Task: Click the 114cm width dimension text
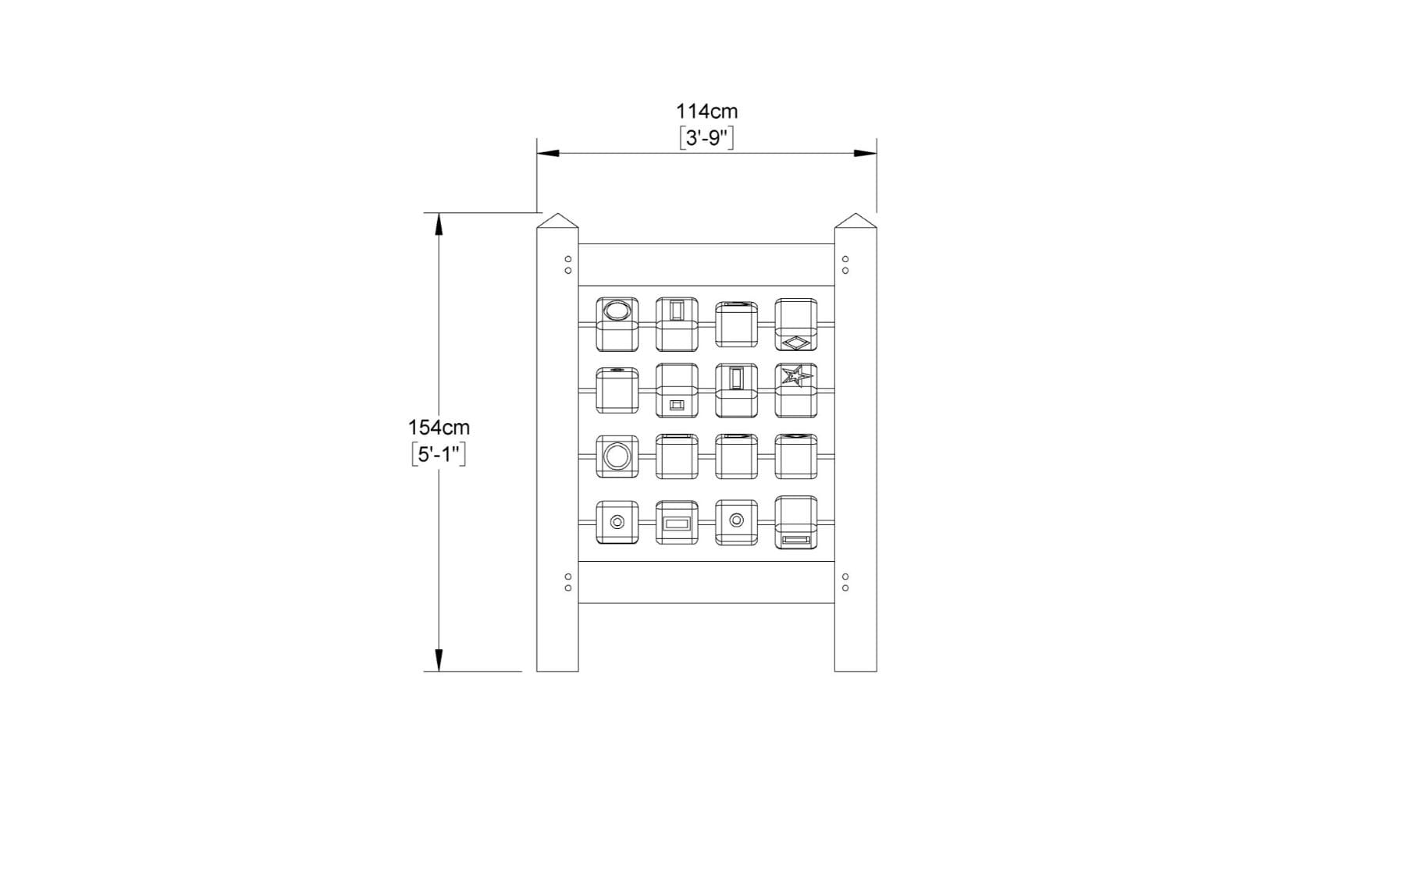[706, 112]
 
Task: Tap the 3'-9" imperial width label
[706, 138]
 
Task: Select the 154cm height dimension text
[439, 428]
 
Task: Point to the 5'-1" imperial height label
[439, 454]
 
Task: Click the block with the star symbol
[796, 390]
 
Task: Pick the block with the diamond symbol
[796, 325]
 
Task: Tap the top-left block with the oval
[617, 324]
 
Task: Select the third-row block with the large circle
[617, 456]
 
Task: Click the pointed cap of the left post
[557, 221]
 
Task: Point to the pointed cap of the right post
[855, 221]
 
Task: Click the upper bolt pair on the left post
[568, 265]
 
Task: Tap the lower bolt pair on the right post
[845, 582]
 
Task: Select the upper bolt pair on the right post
[845, 265]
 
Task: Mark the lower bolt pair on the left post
[568, 582]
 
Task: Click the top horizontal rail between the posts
[706, 265]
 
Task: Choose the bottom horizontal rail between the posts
[706, 582]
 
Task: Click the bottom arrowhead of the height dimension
[439, 660]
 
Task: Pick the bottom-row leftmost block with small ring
[617, 522]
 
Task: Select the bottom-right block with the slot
[796, 522]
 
